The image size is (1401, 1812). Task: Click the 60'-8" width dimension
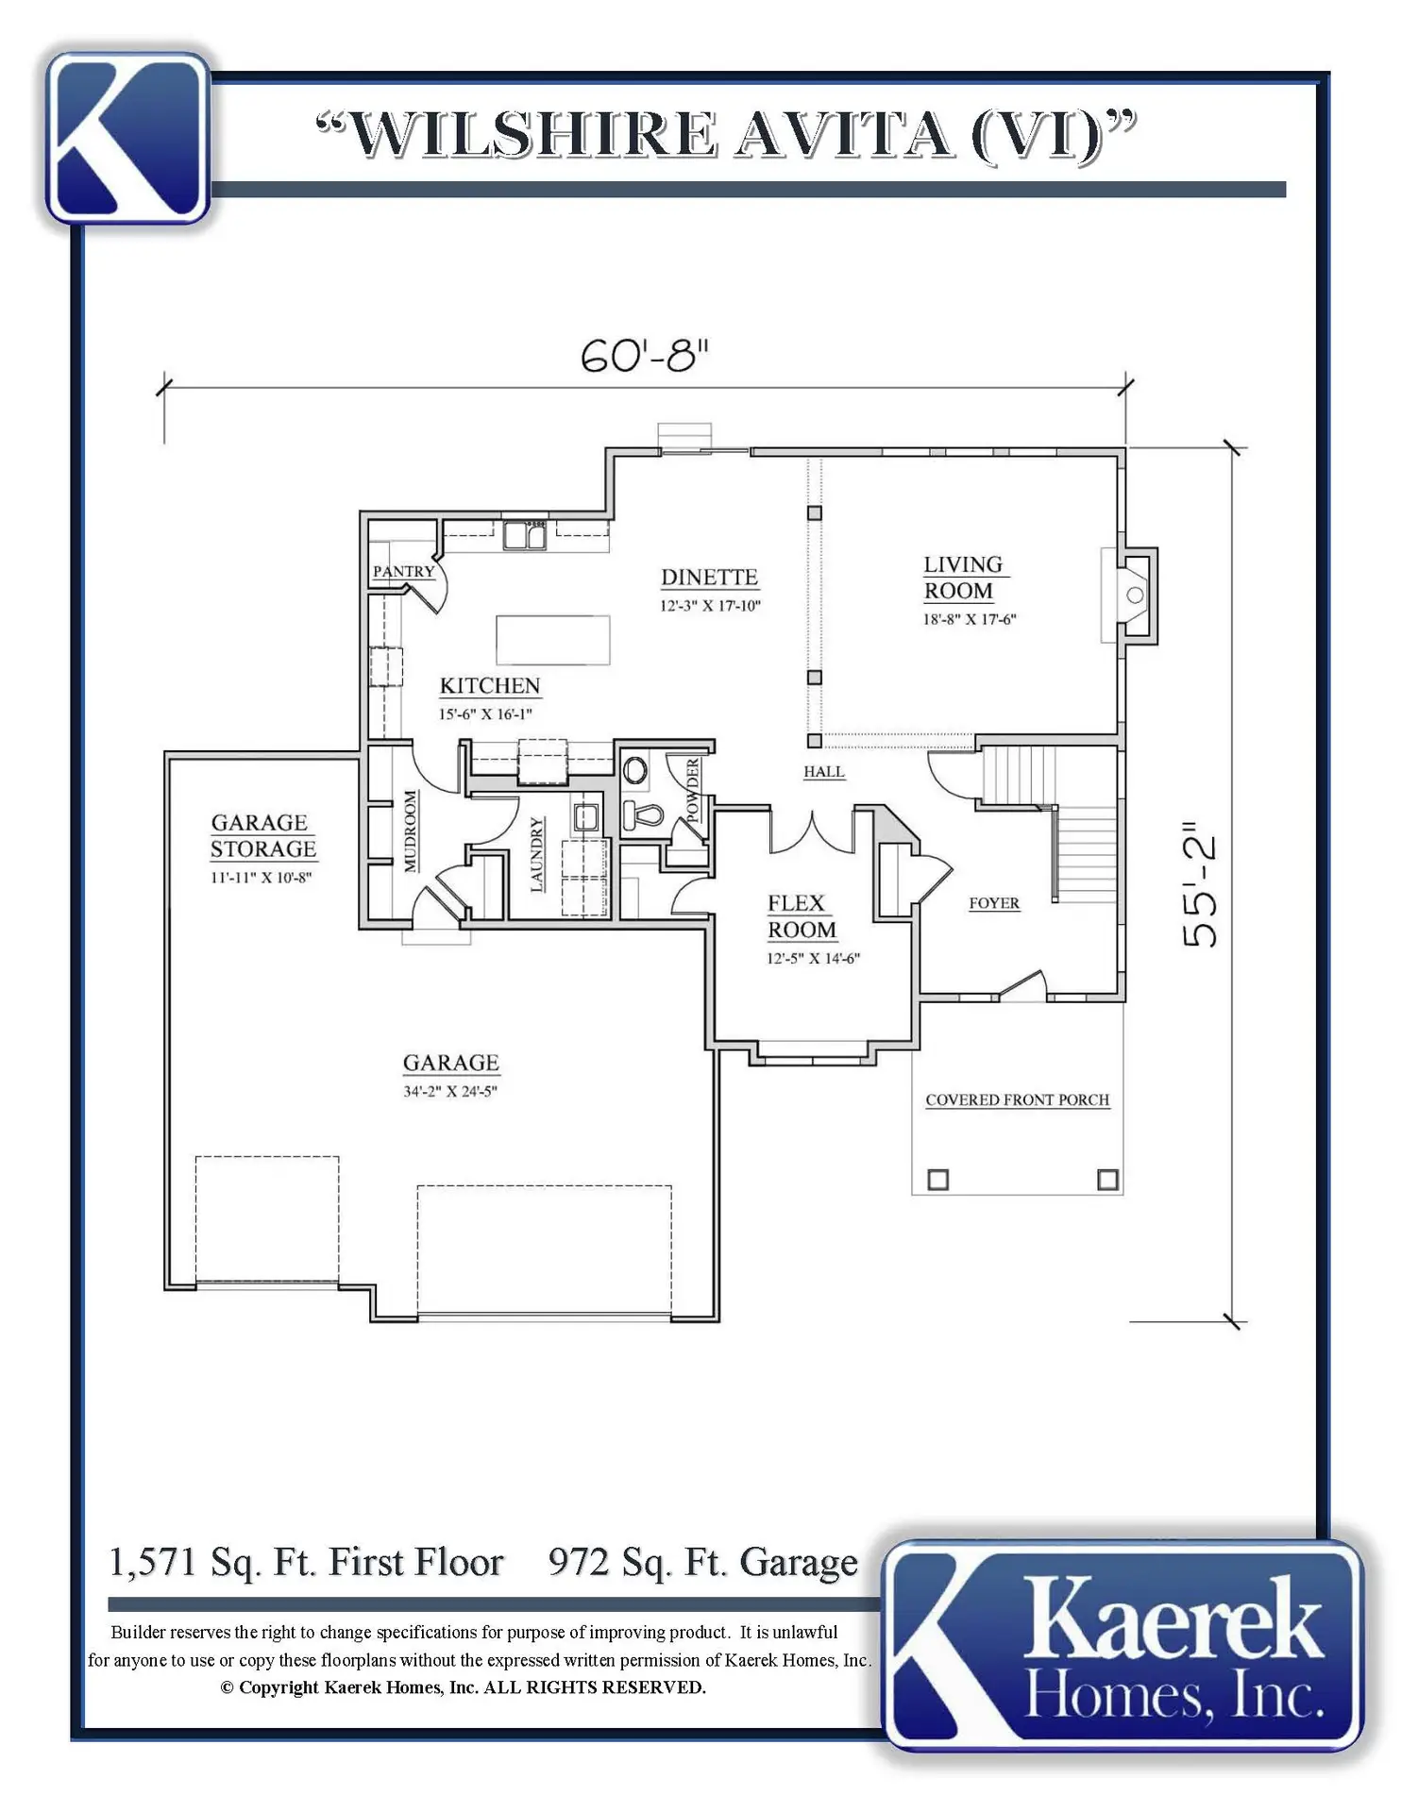coord(644,356)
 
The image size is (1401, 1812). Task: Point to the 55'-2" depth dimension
coord(1199,883)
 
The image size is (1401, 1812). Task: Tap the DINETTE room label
coord(709,577)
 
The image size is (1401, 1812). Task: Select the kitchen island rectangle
coord(553,640)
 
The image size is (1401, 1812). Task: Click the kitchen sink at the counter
coord(524,535)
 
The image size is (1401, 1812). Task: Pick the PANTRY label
coord(403,571)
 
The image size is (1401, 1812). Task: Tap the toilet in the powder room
coord(644,814)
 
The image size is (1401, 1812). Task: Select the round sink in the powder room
coord(635,770)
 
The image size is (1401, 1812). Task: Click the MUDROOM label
coord(411,831)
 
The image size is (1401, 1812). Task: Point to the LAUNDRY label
coord(537,854)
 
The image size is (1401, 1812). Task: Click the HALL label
coord(824,771)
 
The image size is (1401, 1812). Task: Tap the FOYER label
coord(994,903)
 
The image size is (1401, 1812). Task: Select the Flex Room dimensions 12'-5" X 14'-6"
coord(813,959)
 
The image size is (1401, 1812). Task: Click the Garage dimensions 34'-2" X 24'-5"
coord(450,1092)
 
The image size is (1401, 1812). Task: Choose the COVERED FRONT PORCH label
coord(1017,1099)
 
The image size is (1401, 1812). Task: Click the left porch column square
coord(937,1180)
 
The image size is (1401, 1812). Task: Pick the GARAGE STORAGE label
coord(262,835)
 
